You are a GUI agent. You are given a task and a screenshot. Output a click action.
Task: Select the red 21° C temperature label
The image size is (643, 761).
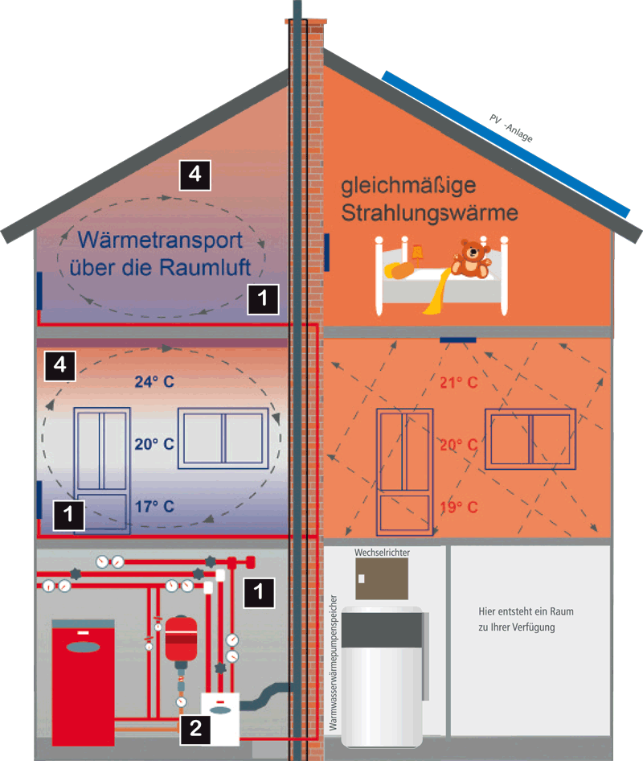tap(459, 382)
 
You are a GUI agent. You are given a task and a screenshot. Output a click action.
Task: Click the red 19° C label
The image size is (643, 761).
tap(459, 507)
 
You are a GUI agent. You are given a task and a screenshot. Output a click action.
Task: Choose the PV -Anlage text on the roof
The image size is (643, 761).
tap(511, 126)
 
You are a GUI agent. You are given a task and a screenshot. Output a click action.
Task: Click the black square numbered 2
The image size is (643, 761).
tap(195, 729)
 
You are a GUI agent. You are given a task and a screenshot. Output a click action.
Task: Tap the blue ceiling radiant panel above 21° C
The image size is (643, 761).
tap(458, 339)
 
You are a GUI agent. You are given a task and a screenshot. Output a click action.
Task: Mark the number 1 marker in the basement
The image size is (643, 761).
tap(258, 591)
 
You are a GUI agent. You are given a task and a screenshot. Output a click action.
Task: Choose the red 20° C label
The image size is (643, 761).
tap(459, 444)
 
